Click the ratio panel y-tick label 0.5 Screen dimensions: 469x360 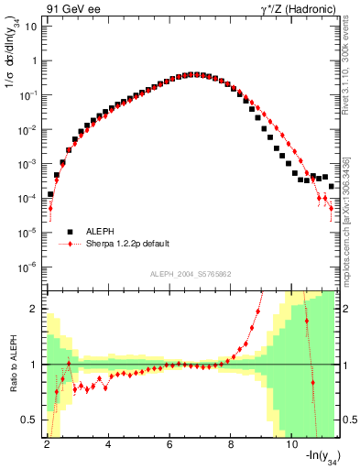coord(29,420)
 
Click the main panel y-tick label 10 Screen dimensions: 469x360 coord(29,26)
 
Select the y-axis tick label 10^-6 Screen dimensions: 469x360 coord(27,267)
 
